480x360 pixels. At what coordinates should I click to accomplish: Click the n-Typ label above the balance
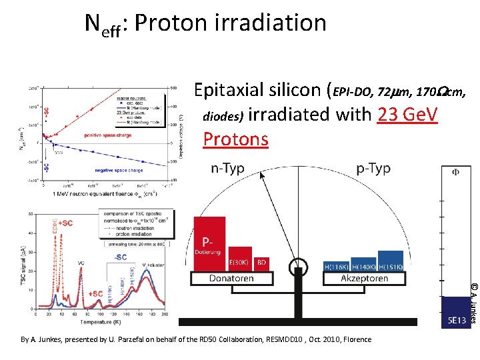pyautogui.click(x=227, y=169)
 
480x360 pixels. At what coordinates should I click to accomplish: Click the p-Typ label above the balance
pyautogui.click(x=373, y=169)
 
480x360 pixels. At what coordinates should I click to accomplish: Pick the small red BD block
pyautogui.click(x=262, y=263)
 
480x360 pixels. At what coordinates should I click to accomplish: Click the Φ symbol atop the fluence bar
pyautogui.click(x=456, y=171)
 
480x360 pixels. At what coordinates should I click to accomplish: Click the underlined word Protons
pyautogui.click(x=235, y=139)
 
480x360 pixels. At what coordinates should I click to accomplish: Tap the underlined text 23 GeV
pyautogui.click(x=407, y=115)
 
